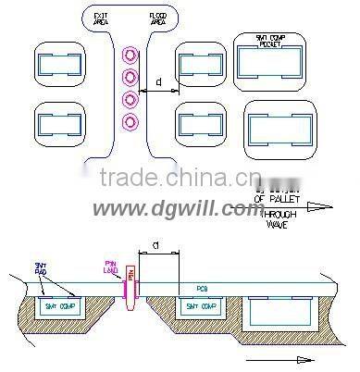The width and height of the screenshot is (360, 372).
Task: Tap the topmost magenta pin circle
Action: point(130,56)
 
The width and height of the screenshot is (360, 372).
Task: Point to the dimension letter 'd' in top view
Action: point(160,82)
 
